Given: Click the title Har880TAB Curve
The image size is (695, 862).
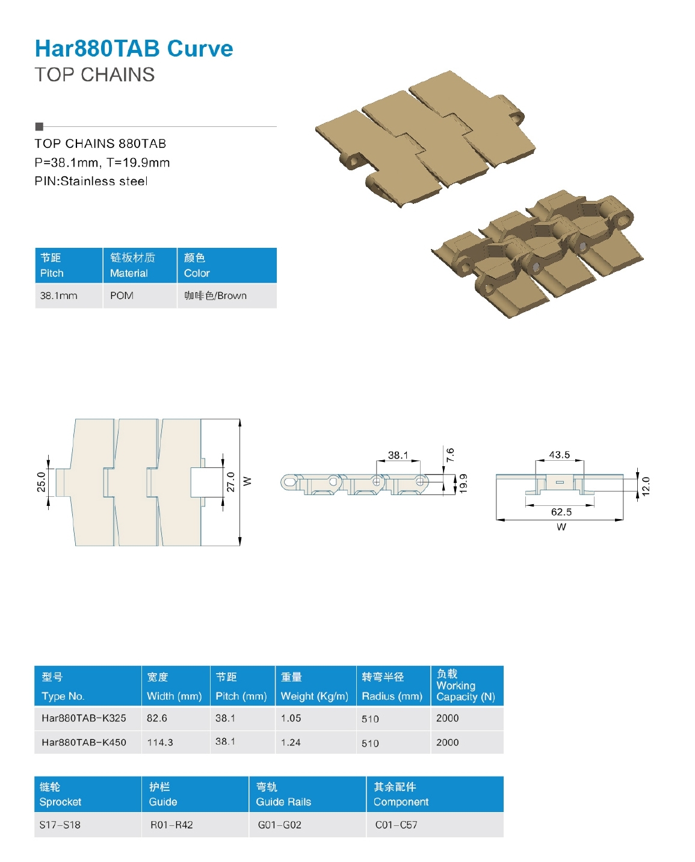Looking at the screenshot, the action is [x=134, y=49].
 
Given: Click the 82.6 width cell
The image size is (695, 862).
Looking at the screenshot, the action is [x=157, y=718].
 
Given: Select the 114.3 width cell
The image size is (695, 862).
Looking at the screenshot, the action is [x=160, y=742].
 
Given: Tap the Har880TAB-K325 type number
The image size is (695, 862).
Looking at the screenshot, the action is [x=84, y=718].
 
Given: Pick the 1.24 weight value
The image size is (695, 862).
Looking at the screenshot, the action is [x=291, y=742].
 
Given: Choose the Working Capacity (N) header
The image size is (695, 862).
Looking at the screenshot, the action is [x=465, y=686].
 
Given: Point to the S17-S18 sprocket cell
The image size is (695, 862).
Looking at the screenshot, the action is [x=60, y=825].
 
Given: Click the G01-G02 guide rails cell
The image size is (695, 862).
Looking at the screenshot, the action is [x=279, y=825].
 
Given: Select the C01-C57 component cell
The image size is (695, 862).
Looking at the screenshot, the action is [x=396, y=825].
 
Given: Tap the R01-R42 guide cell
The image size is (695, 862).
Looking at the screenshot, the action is [x=171, y=825].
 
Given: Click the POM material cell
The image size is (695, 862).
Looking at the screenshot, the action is [x=122, y=295].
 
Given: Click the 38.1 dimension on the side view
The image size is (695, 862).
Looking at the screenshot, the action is [x=398, y=455].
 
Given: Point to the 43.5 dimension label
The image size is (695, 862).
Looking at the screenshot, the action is [x=559, y=455].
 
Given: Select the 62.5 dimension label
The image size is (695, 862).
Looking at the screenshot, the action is [x=561, y=512].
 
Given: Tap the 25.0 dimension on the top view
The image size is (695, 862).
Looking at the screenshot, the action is [x=41, y=482].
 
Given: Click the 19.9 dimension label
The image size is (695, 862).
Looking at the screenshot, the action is [x=463, y=483].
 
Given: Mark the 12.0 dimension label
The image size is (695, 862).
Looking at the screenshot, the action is [x=646, y=485].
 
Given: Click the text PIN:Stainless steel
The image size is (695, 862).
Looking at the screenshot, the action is [x=91, y=181].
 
